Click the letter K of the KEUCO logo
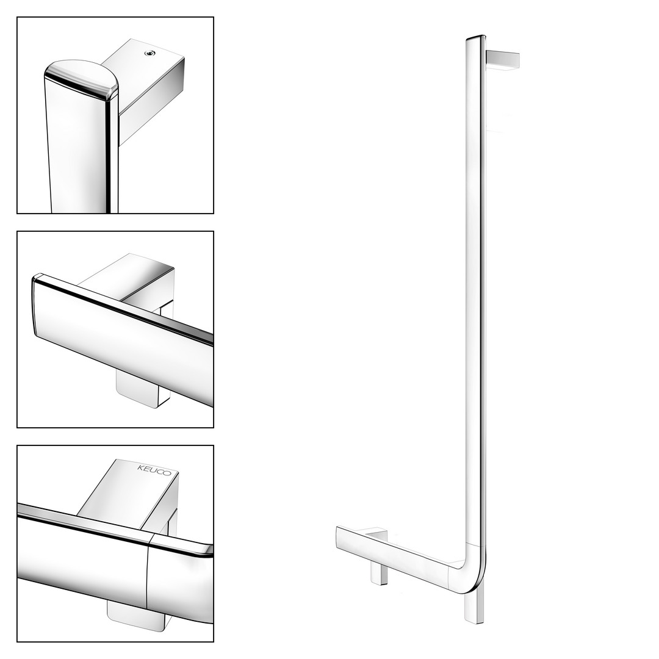pyautogui.click(x=140, y=467)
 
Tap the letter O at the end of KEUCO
pyautogui.click(x=168, y=474)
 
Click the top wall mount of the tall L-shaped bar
pyautogui.click(x=503, y=60)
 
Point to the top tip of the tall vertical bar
pyautogui.click(x=475, y=37)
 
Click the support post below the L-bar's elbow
pyautogui.click(x=474, y=605)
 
